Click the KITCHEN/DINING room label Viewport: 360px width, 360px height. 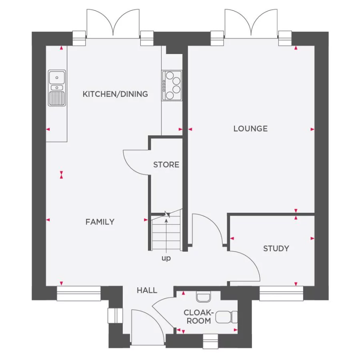[x=115, y=94]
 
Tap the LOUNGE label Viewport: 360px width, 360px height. [x=250, y=128]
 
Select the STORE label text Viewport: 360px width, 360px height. [x=166, y=164]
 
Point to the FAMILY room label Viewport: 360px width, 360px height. [x=100, y=222]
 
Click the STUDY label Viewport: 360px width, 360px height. [x=276, y=248]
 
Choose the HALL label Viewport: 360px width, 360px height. [x=147, y=290]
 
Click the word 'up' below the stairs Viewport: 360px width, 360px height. [x=166, y=258]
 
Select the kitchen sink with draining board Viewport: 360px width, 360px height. [x=57, y=88]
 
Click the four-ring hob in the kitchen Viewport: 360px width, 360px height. [x=172, y=85]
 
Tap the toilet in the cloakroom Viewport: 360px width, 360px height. [x=226, y=318]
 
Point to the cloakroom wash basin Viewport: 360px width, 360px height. [x=204, y=297]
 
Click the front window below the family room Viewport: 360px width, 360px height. [x=78, y=293]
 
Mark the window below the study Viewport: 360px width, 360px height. [x=281, y=293]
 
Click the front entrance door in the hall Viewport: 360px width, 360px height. [x=146, y=327]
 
